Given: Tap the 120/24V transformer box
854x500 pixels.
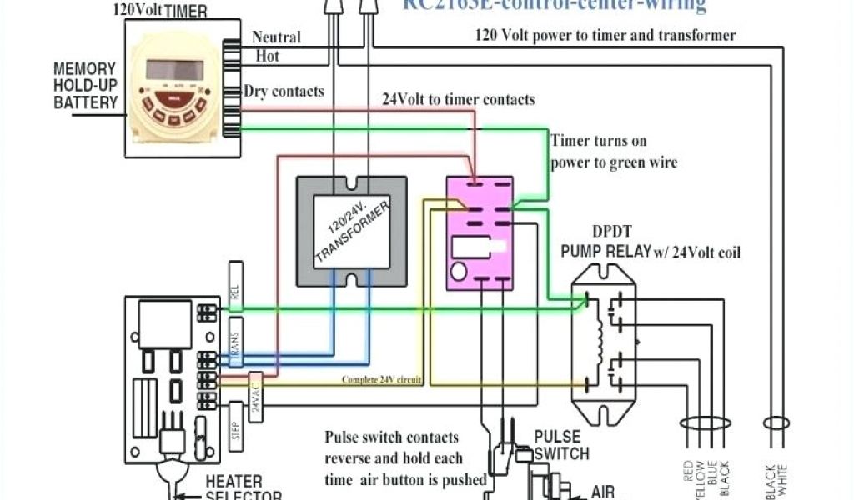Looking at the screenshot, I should tap(352, 231).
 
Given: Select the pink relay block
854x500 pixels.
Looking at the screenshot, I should tap(479, 232).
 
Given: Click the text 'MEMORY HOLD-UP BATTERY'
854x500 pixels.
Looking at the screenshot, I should tap(84, 85).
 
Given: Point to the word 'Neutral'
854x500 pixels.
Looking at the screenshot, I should tap(276, 37).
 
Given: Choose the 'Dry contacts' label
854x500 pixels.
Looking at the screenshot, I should tap(284, 92).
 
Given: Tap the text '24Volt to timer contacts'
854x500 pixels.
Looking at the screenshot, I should tap(459, 99).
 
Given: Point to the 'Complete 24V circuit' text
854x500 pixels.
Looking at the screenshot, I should tap(381, 380).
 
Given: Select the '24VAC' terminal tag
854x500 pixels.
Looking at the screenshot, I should tap(255, 391).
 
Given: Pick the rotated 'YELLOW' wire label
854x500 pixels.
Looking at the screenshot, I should tap(699, 477).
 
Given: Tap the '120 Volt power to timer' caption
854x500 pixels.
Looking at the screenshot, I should tap(605, 35).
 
